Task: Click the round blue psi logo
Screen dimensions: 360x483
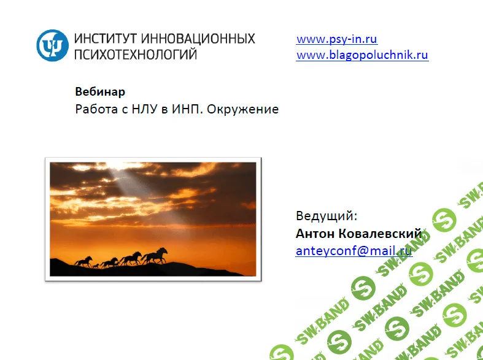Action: [x=53, y=45]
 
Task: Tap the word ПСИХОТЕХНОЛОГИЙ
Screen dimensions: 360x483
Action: [x=136, y=55]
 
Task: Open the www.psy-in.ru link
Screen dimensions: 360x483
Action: [x=336, y=39]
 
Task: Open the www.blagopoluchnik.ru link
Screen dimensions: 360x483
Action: [x=362, y=55]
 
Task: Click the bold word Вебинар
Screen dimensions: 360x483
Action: [x=100, y=92]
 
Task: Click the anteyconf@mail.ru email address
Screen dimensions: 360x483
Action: [x=354, y=251]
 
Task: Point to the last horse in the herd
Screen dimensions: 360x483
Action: [x=83, y=262]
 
